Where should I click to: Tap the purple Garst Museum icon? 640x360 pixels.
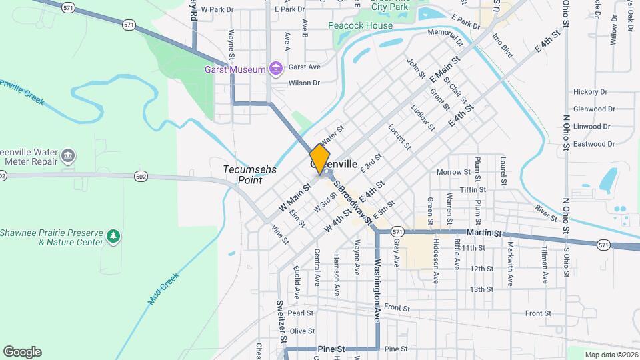coord(274,68)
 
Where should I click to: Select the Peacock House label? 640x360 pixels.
coord(361,26)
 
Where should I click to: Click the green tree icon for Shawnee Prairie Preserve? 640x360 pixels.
coord(114,235)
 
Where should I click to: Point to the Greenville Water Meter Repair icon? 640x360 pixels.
coord(67,156)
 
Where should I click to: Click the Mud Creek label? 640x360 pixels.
coord(160,289)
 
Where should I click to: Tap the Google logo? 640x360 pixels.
coord(22,352)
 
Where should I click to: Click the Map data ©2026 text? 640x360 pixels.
coord(611,355)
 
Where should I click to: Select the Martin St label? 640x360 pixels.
coord(483,232)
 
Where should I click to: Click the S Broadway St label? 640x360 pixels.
coord(353,198)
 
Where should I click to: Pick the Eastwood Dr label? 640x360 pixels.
coord(593,144)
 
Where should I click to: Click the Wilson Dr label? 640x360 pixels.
coord(304,83)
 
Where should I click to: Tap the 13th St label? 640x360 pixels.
coord(481,289)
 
